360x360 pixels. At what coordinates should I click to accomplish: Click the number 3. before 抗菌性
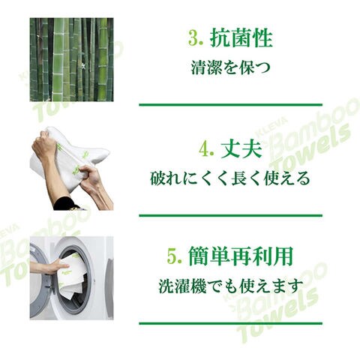pos(195,39)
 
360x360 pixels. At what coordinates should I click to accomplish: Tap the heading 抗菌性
pos(241,38)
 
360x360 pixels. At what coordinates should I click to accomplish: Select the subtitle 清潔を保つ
pos(231,67)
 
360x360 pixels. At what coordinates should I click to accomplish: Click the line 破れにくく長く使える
pos(230,178)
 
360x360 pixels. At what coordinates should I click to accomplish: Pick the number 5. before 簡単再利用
pos(174,256)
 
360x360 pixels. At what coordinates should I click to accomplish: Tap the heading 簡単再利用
pos(241,256)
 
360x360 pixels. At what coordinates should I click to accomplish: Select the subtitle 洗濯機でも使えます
pos(231,286)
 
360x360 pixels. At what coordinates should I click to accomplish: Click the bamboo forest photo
pos(71,59)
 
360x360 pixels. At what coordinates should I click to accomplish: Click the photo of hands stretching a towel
pos(71,168)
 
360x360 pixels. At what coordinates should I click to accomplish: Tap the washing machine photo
pos(71,278)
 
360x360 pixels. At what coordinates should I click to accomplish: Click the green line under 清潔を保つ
pos(230,105)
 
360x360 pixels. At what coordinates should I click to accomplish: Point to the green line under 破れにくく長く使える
pos(230,215)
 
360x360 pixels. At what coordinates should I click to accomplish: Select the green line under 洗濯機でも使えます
pos(230,323)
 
